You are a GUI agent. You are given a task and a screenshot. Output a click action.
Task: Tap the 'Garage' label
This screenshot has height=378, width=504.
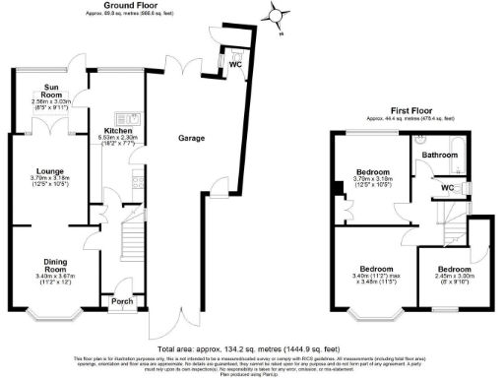[x=191, y=139]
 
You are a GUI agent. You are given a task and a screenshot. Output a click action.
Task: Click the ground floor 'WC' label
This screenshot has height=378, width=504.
[x=234, y=64]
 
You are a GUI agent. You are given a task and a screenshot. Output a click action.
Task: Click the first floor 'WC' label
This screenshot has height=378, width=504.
[x=448, y=187]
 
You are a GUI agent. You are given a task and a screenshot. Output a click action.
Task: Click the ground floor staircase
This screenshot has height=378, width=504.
[x=126, y=251]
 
